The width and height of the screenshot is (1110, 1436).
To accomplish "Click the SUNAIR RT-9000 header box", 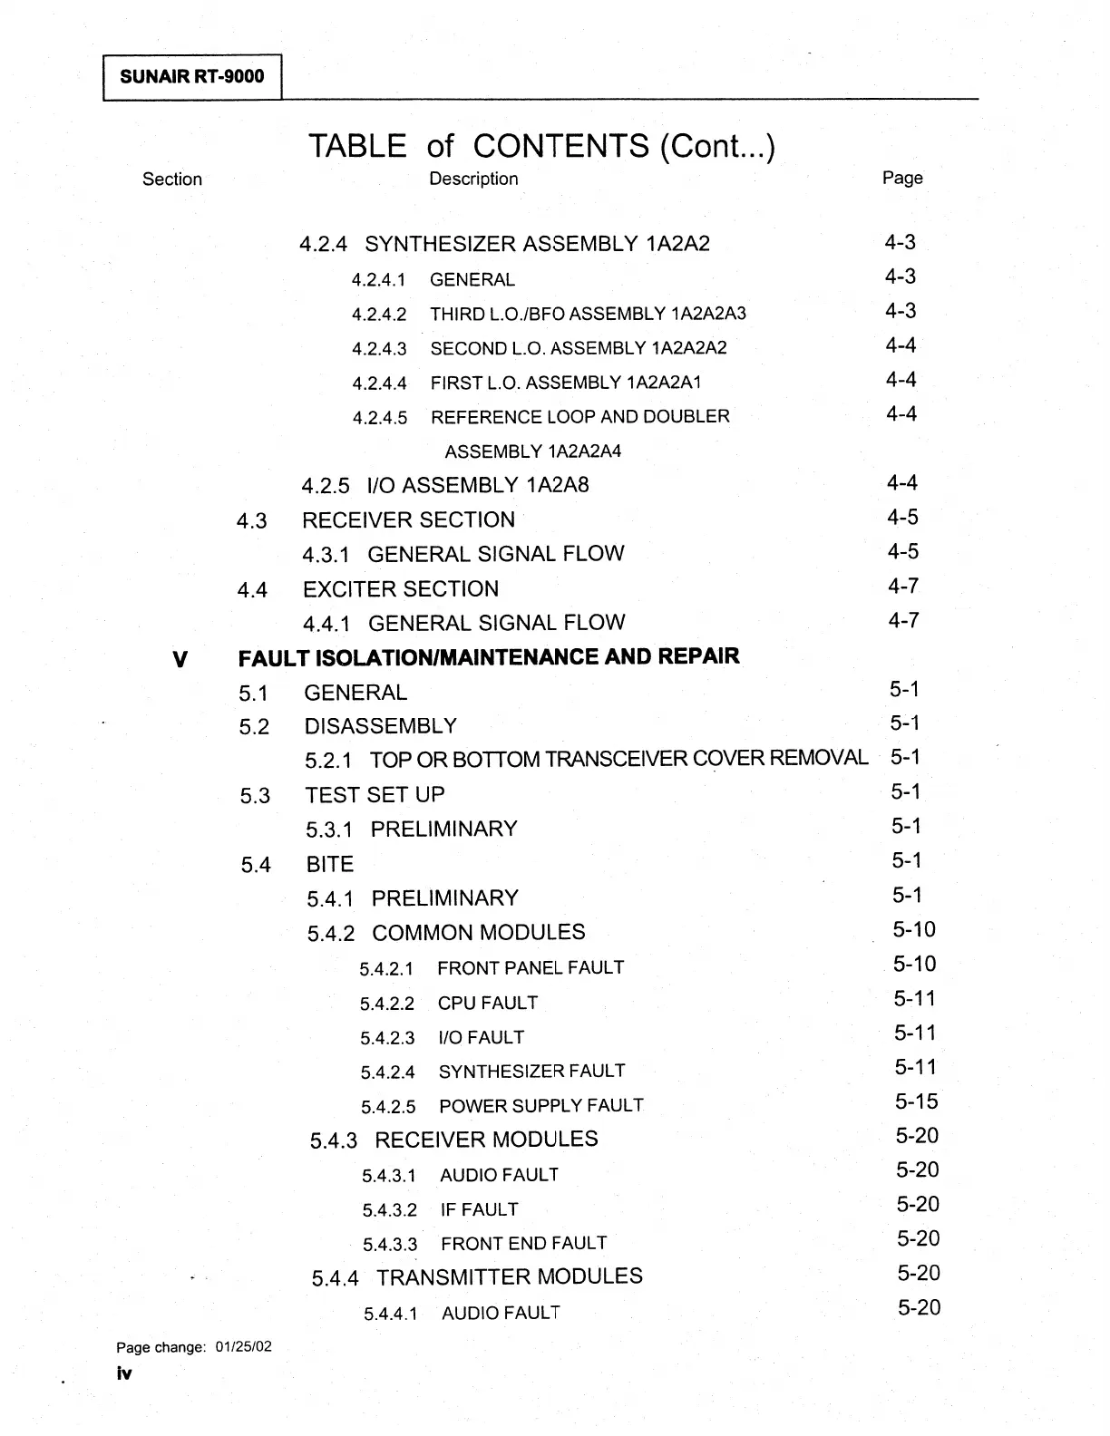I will [192, 76].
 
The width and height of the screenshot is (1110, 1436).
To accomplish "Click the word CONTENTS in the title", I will [560, 146].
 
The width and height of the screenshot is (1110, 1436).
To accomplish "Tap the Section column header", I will [172, 179].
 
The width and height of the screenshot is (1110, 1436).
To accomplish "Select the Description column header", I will [473, 179].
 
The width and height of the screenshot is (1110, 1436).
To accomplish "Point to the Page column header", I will [902, 178].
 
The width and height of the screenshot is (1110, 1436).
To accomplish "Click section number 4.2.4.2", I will [379, 315].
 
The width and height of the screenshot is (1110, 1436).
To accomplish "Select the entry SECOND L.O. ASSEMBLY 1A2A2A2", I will [579, 348].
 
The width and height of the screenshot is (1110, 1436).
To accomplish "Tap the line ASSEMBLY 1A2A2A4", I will [532, 451].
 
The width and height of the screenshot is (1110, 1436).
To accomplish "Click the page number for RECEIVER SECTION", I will [902, 518].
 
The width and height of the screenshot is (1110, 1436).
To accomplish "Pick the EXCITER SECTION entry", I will [401, 589].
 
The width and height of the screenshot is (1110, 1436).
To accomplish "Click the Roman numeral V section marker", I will [180, 659].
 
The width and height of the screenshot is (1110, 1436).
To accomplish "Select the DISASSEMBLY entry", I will [381, 726].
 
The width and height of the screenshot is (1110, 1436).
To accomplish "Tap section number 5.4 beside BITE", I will [256, 865].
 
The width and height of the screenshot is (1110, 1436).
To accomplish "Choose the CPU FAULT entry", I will [488, 1003].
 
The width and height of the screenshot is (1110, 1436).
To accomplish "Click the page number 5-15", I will [916, 1101].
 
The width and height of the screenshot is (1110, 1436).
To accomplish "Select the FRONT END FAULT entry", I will [523, 1244].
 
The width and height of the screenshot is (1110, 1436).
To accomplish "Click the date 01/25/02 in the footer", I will [244, 1347].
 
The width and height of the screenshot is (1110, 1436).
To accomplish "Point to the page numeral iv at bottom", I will [124, 1373].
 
